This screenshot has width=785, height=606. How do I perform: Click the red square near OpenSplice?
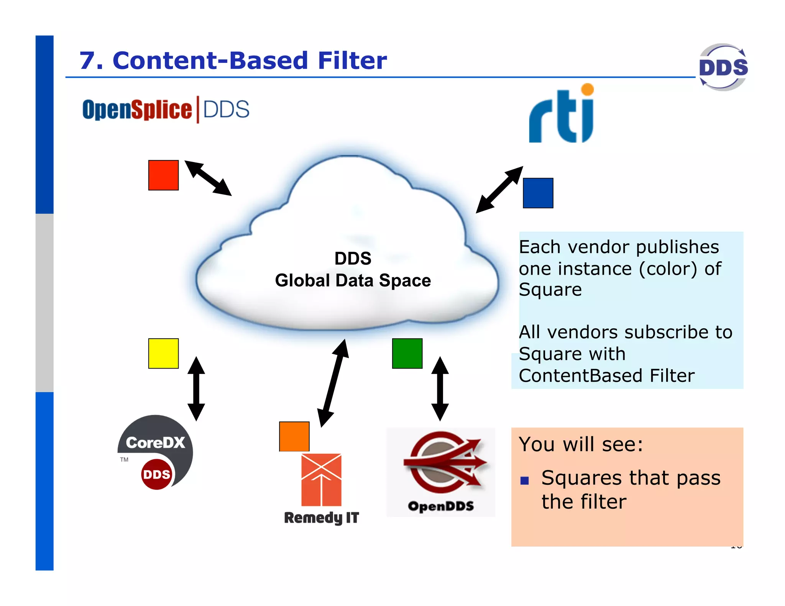[x=163, y=175]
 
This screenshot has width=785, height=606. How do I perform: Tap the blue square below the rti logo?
[x=538, y=193]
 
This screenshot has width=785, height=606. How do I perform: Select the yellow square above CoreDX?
[x=163, y=353]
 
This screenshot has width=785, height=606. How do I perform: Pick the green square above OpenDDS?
[x=407, y=353]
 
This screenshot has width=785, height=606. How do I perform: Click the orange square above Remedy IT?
[x=294, y=436]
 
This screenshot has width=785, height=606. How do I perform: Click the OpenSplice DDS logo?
[x=166, y=110]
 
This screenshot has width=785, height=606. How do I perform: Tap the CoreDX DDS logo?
[x=155, y=452]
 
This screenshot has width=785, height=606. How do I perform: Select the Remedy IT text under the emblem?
[x=321, y=518]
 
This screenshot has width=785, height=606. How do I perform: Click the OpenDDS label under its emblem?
[x=441, y=506]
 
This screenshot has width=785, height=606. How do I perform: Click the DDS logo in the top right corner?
[x=723, y=67]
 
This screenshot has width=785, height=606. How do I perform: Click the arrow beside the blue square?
[x=499, y=190]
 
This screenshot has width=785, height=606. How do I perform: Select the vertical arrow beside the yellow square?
[x=196, y=388]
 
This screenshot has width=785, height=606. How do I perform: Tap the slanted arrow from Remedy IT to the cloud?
[x=333, y=383]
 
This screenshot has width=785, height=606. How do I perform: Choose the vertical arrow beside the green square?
[x=440, y=388]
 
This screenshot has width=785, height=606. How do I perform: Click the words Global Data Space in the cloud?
[x=353, y=280]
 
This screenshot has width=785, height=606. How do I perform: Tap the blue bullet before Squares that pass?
[x=524, y=480]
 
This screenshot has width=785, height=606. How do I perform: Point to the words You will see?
[x=580, y=444]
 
